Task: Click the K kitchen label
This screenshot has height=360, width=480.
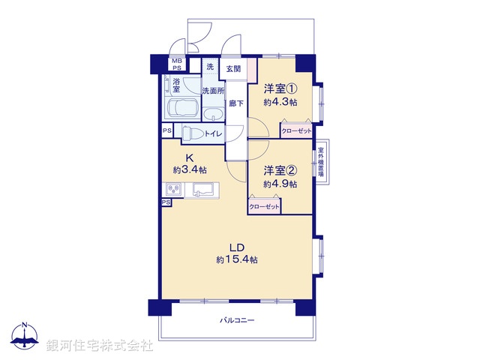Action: pyautogui.click(x=190, y=158)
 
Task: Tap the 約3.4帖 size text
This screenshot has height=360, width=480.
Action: pyautogui.click(x=190, y=170)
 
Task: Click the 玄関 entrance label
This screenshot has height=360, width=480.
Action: pyautogui.click(x=234, y=69)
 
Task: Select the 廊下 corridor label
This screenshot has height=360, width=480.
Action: pyautogui.click(x=235, y=103)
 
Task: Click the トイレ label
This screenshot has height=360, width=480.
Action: pyautogui.click(x=213, y=133)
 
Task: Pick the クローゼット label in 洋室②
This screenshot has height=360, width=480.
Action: pyautogui.click(x=264, y=206)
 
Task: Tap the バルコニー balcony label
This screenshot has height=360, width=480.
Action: pyautogui.click(x=237, y=320)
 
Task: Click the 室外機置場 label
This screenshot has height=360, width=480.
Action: pyautogui.click(x=321, y=161)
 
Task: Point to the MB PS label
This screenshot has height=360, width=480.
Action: pyautogui.click(x=177, y=64)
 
